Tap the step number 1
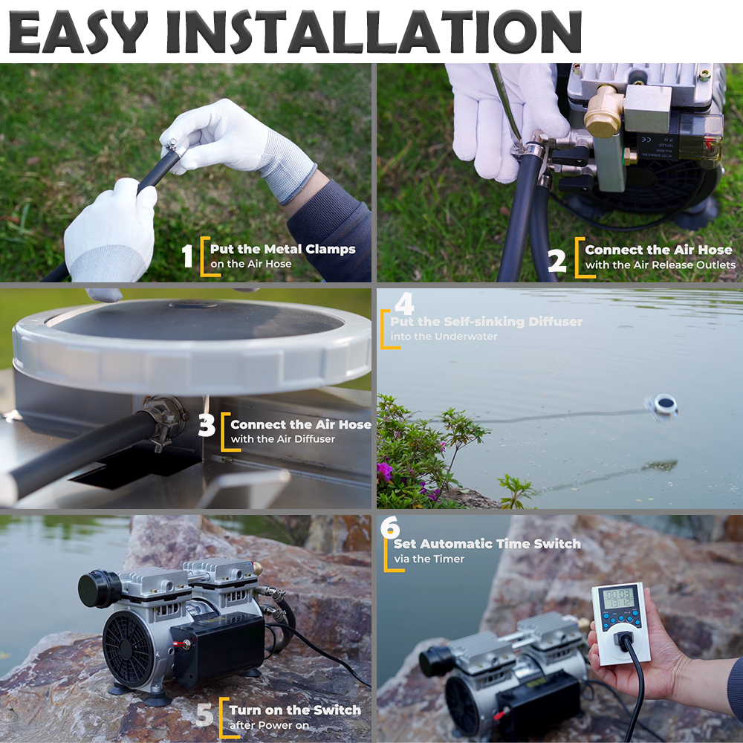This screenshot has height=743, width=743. (x=188, y=256)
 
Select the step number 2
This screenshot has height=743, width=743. (x=557, y=260)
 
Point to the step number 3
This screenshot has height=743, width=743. (x=207, y=427)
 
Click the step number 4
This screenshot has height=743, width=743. (x=403, y=304)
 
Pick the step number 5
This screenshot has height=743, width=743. (x=205, y=716)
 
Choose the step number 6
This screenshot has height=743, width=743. (x=390, y=528)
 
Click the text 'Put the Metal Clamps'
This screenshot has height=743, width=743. (x=282, y=250)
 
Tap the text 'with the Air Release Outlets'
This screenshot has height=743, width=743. (x=660, y=265)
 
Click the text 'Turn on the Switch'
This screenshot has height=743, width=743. (x=295, y=710)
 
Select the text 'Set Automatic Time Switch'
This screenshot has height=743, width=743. (x=501, y=544)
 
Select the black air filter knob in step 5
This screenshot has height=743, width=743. (x=97, y=588)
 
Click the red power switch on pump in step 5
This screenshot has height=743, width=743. (x=180, y=644)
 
